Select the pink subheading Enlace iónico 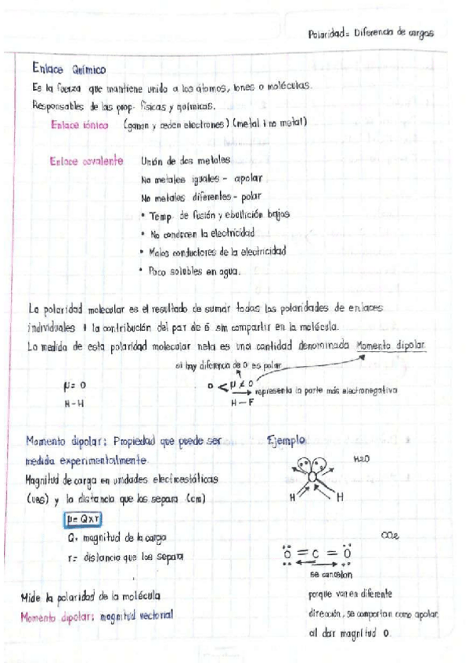tap(78, 124)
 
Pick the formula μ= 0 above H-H tap(74, 385)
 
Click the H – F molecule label tap(243, 403)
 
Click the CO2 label tap(388, 536)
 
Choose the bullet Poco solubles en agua tap(193, 271)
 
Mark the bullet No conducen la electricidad tap(201, 233)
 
